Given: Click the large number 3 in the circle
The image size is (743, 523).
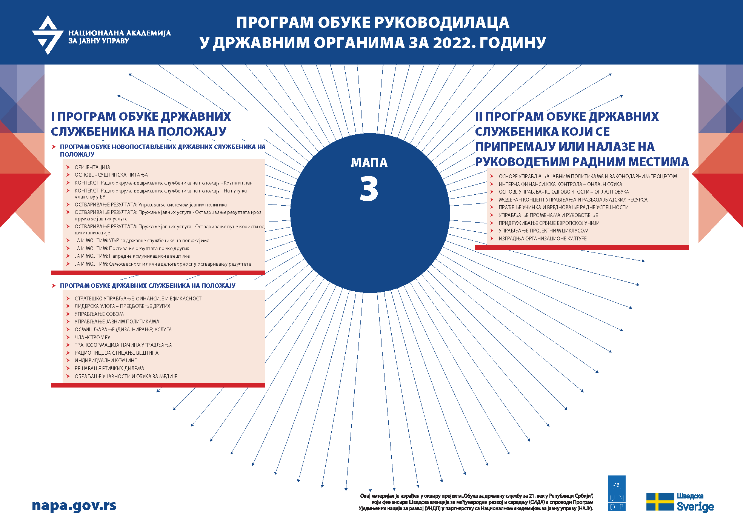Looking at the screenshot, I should point(369,189).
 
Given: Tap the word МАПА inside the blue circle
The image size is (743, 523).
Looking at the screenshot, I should point(369,163).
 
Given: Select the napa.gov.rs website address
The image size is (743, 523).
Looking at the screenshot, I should point(74,506).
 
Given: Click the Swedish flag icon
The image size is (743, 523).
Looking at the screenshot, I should point(660,502).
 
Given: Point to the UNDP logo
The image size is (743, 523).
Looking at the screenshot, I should point(617,493).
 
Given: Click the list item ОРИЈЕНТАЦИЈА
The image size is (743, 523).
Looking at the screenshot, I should point(92,167).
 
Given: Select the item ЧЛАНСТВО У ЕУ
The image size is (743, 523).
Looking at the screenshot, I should point(92,337).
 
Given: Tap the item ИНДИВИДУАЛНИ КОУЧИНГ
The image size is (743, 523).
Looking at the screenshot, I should point(106,360).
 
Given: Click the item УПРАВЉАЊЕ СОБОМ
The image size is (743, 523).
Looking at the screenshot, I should point(99,314).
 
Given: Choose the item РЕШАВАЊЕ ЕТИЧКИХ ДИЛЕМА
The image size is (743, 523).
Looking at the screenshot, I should point(109,368).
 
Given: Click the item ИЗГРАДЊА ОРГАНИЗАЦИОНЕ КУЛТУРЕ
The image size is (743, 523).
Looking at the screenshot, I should point(543,238).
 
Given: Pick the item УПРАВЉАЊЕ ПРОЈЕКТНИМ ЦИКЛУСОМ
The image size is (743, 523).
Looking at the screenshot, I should point(543,231).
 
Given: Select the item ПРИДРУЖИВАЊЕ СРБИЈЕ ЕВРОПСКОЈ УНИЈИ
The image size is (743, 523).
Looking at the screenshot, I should point(549,223).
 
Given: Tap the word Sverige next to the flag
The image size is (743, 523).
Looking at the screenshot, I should point(695,507).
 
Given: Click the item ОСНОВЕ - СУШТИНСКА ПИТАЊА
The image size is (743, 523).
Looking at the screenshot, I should point(111,175).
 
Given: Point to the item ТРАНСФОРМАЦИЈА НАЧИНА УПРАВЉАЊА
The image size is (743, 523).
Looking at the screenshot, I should point(123,345).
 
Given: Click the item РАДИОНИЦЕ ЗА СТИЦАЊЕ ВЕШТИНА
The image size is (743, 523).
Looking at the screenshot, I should point(117,353).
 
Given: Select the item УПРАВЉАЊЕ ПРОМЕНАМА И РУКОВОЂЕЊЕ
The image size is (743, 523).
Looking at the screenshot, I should point(548,215).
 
